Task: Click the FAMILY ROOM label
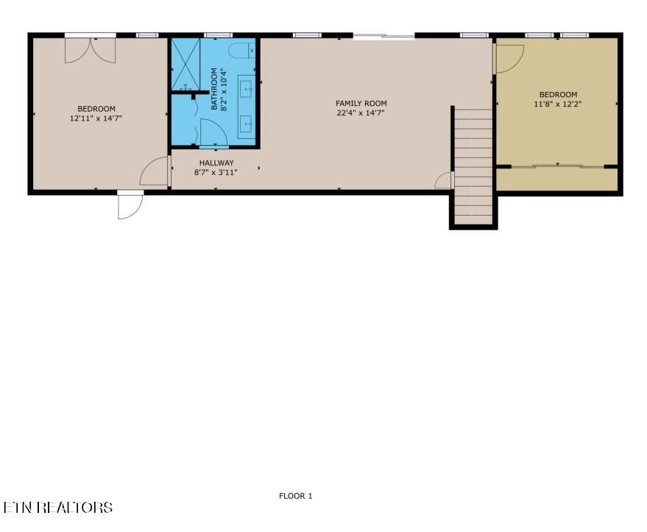(x=361, y=103)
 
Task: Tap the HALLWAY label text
(x=216, y=163)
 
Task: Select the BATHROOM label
(x=213, y=89)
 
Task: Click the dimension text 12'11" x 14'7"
(x=96, y=118)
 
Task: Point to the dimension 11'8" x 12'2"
(x=557, y=104)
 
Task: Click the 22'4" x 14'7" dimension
(x=361, y=113)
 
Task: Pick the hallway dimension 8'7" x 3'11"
(x=216, y=172)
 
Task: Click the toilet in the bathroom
(x=242, y=50)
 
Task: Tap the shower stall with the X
(x=185, y=64)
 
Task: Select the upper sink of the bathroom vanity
(x=247, y=89)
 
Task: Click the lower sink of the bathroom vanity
(x=247, y=124)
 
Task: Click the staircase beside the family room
(x=473, y=166)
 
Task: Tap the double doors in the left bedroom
(x=91, y=50)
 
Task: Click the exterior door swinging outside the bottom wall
(x=130, y=205)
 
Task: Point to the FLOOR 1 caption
(x=295, y=496)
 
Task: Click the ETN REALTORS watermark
(x=57, y=507)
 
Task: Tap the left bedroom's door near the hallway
(x=155, y=171)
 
